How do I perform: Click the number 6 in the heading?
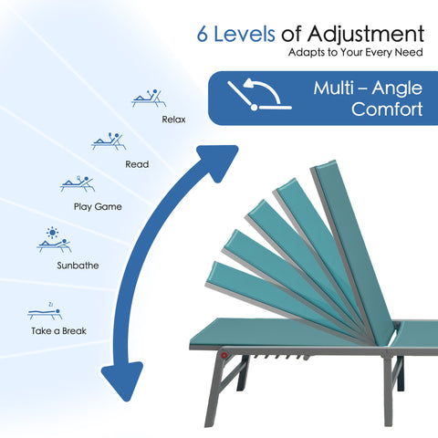[x=203, y=34]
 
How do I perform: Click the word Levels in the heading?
[x=245, y=34]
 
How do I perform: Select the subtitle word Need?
[x=409, y=52]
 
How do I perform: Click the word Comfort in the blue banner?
[x=387, y=109]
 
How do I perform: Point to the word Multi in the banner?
[x=334, y=89]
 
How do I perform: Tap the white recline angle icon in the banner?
[x=259, y=94]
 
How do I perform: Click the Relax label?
[x=173, y=120]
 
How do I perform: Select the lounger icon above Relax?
[x=149, y=99]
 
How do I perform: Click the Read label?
[x=137, y=164]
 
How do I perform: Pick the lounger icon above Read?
[x=109, y=141]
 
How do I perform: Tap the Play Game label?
[x=98, y=207]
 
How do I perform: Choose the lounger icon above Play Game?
[x=78, y=183]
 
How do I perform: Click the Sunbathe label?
[x=78, y=266]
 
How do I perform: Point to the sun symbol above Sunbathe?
[x=52, y=233]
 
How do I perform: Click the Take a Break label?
[x=58, y=331]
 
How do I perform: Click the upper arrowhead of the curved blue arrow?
[x=218, y=162]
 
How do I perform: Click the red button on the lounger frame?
[x=224, y=355]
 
